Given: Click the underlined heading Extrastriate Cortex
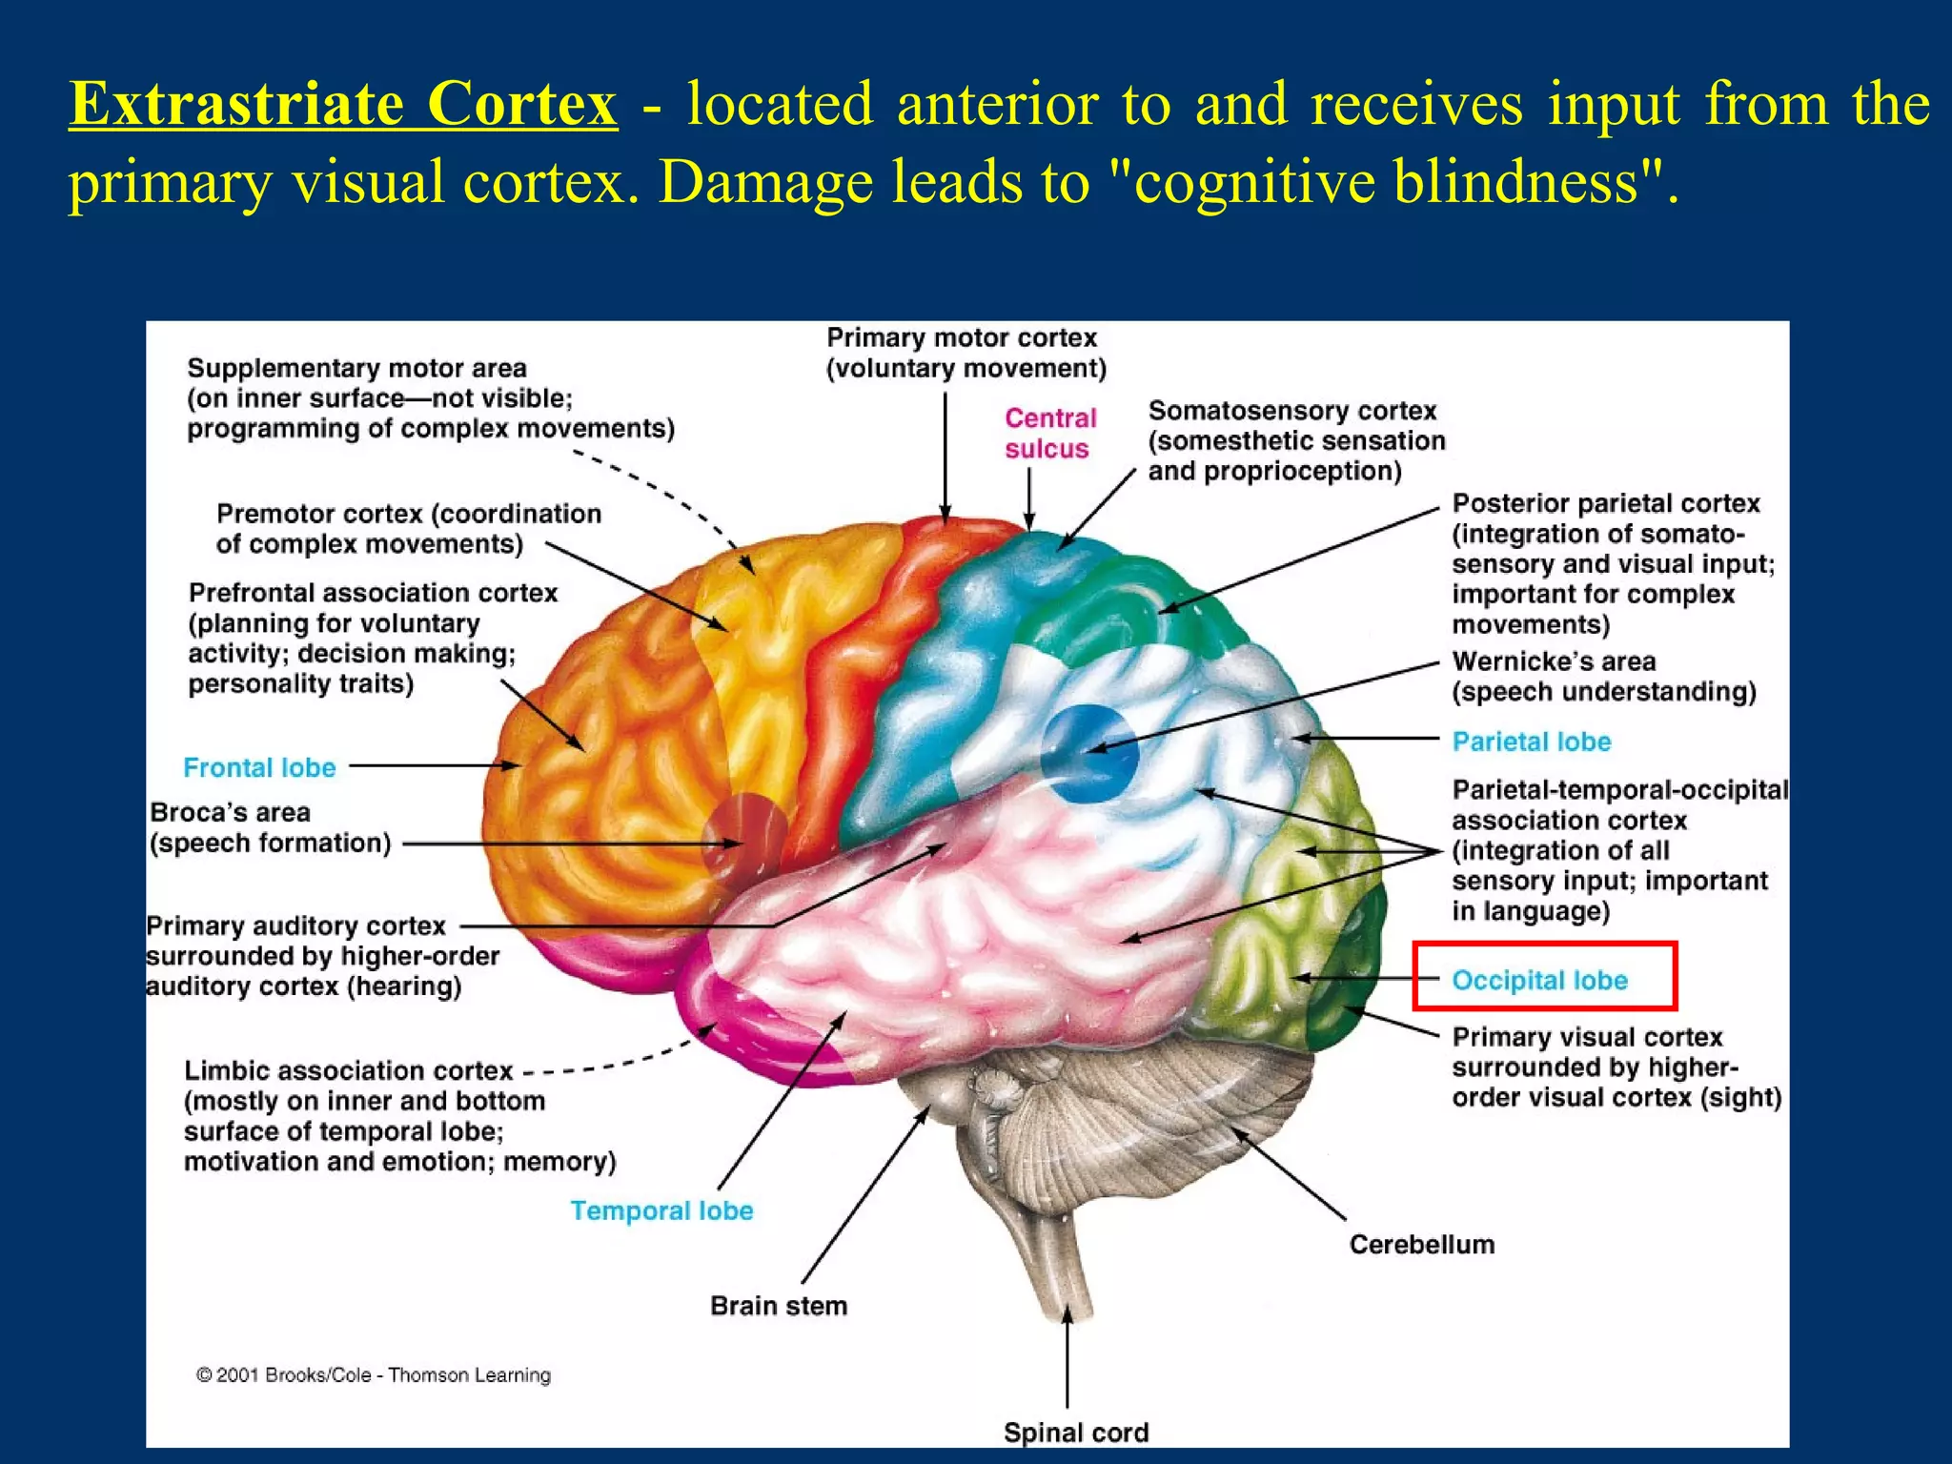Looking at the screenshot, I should [x=343, y=103].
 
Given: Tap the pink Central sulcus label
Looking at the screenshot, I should [x=1049, y=434].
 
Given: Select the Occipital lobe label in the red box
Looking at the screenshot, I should [x=1539, y=980].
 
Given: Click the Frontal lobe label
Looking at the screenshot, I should [x=259, y=767].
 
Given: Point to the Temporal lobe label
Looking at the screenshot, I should [x=661, y=1210].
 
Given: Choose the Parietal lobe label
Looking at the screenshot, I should [x=1531, y=742].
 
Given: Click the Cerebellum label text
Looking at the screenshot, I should [x=1421, y=1244].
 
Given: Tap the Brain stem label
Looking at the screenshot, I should [x=778, y=1306].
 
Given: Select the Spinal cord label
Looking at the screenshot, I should [x=1075, y=1433].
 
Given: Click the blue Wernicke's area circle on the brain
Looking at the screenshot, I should [x=1089, y=753].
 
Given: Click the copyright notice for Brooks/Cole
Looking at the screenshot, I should [x=374, y=1374].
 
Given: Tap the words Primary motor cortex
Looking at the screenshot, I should [x=962, y=338].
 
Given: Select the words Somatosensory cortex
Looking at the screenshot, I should [x=1291, y=411].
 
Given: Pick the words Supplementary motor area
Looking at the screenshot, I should [x=356, y=368].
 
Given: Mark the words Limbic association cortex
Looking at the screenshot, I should [x=348, y=1070].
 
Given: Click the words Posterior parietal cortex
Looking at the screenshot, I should [x=1605, y=503].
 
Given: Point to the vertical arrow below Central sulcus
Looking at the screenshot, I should [x=1029, y=496].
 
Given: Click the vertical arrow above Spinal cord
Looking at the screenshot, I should [x=1067, y=1358].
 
